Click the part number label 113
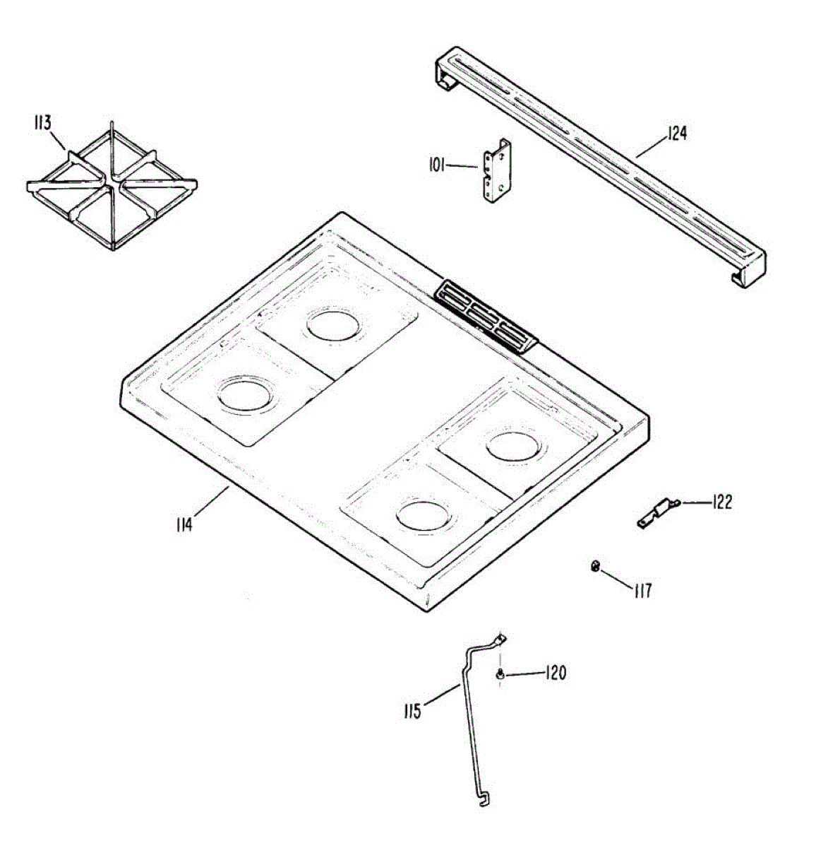pos(42,124)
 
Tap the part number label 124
pos(676,133)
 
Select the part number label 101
pos(436,166)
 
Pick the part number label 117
pos(642,590)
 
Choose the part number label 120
pos(555,673)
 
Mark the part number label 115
pos(413,710)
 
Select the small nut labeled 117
pos(595,565)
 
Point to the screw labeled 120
pos(500,676)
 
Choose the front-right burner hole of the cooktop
pos(424,514)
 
